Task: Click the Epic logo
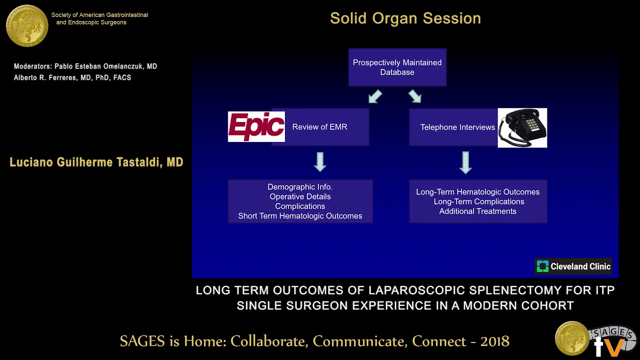(x=256, y=127)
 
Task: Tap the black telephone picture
(x=522, y=128)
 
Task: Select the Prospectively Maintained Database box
(x=397, y=67)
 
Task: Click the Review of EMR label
(x=319, y=127)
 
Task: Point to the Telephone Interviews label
(x=457, y=127)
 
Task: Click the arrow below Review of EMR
(x=320, y=162)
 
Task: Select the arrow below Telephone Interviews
(x=465, y=162)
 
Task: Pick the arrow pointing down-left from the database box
(x=375, y=96)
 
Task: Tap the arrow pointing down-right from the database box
(x=414, y=96)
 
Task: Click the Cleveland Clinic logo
(x=573, y=266)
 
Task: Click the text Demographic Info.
(x=300, y=187)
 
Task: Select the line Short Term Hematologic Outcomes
(x=300, y=216)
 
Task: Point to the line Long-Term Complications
(x=478, y=201)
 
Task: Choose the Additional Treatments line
(x=477, y=211)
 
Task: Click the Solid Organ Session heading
(x=405, y=18)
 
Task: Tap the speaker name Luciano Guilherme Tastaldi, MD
(x=96, y=162)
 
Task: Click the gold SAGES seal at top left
(x=27, y=25)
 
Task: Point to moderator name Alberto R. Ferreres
(x=47, y=77)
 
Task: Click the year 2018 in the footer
(x=494, y=341)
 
